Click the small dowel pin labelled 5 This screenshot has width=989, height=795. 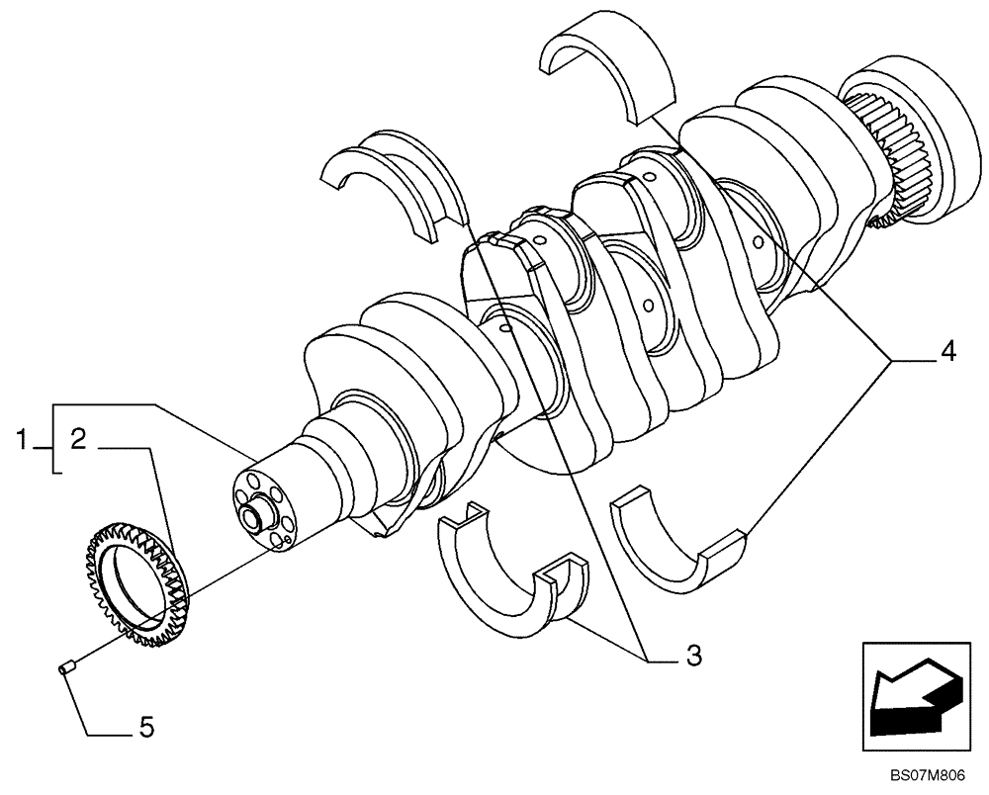click(x=65, y=670)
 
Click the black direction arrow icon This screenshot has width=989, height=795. click(x=913, y=692)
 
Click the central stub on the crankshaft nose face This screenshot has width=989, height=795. click(x=257, y=515)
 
